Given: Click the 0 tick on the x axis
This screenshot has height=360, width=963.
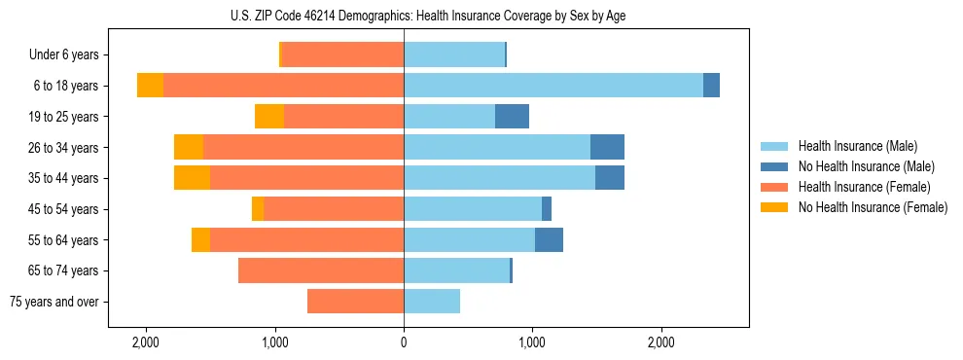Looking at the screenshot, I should click(404, 342).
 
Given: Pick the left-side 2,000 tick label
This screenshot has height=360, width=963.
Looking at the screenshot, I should click(146, 342).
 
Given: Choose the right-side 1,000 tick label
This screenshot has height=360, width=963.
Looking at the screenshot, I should click(532, 342).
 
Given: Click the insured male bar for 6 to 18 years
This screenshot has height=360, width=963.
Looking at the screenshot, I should click(553, 86).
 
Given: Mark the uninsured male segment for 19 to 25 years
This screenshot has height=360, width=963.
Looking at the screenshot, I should click(512, 117).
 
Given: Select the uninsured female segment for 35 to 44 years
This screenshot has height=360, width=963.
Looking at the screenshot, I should click(192, 178).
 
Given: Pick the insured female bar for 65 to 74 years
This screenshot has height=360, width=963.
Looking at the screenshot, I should click(321, 270).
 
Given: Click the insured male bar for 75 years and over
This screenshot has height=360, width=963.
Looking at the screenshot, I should click(432, 302).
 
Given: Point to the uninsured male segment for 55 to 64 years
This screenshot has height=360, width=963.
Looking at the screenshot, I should click(549, 240).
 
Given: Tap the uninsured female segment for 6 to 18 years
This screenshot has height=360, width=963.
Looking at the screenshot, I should click(150, 86).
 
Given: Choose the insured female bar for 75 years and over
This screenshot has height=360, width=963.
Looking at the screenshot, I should click(355, 302).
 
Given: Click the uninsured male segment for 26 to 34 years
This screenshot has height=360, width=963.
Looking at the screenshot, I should click(607, 147).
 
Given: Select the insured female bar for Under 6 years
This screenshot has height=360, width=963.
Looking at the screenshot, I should click(342, 55).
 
